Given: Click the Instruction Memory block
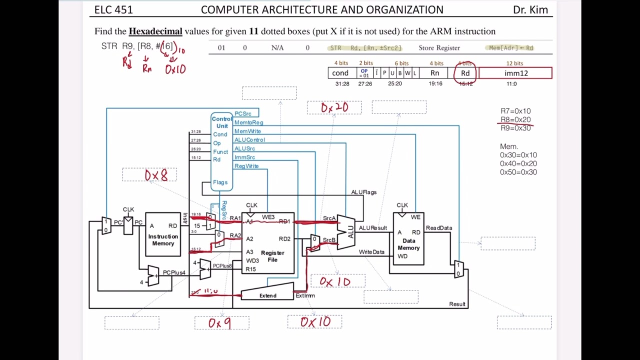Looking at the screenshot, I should click(x=163, y=235).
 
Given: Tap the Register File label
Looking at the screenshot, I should click(x=272, y=256).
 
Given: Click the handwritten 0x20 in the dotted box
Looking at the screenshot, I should click(x=334, y=107).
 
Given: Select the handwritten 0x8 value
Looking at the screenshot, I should click(x=156, y=175).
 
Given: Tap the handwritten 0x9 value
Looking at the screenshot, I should click(x=220, y=323).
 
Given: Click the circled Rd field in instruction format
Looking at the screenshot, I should click(x=465, y=73).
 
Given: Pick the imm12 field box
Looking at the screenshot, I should click(x=515, y=73).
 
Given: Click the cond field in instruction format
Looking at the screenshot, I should click(x=340, y=73).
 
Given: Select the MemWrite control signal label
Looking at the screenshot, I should click(x=247, y=131).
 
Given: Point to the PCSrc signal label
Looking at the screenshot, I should click(x=243, y=113).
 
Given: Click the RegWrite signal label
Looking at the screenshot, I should click(x=246, y=166).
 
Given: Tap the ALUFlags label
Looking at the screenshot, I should click(x=363, y=192).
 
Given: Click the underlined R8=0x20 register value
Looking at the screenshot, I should click(x=515, y=119).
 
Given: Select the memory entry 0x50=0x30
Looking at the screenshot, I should click(x=518, y=172).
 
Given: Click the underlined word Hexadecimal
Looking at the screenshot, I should click(x=155, y=31).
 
